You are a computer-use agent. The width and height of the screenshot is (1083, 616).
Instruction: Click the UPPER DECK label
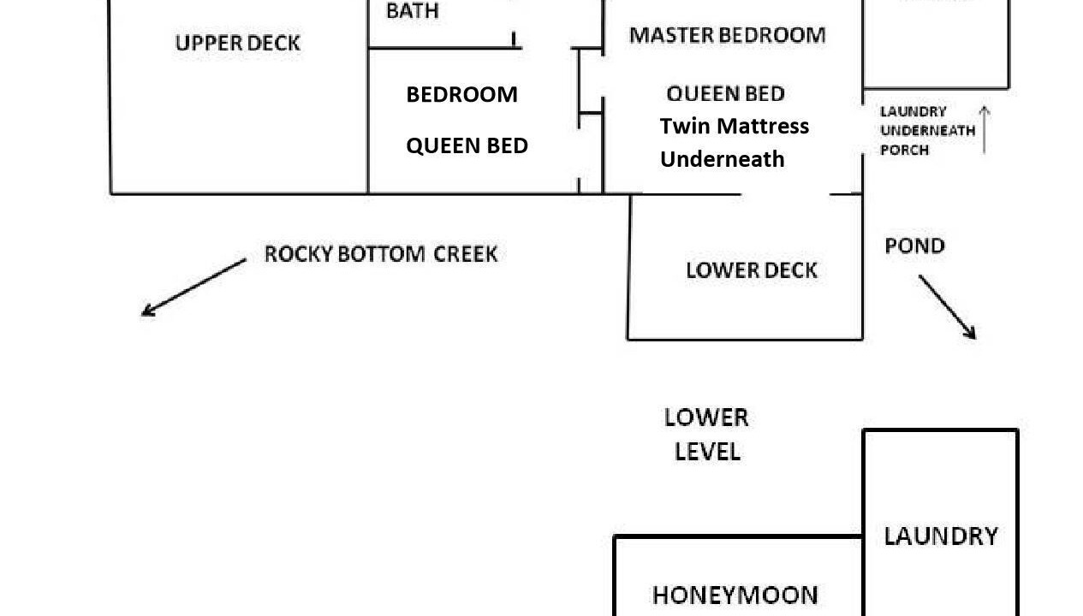tap(237, 43)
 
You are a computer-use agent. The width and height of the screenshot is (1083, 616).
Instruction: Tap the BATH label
tap(413, 10)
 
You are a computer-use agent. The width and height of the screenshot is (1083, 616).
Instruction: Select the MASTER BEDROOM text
tap(728, 35)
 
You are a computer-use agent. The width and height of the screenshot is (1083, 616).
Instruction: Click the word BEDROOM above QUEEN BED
tap(461, 94)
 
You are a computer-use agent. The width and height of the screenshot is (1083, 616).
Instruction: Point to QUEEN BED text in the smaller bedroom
tap(467, 146)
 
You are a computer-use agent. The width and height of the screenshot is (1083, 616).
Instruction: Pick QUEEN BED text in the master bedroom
tap(725, 94)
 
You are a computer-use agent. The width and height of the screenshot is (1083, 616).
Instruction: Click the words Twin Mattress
tap(735, 126)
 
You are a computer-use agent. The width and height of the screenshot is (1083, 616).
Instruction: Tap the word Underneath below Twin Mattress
tap(723, 159)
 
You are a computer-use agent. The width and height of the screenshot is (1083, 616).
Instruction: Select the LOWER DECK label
tap(752, 270)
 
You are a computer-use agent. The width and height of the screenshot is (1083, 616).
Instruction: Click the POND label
tap(914, 246)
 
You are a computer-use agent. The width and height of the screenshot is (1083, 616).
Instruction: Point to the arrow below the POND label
tap(948, 307)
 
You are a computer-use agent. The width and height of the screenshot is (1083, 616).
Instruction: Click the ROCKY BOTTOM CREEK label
tap(381, 254)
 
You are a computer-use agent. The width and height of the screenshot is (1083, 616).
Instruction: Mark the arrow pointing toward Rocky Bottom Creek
tap(193, 287)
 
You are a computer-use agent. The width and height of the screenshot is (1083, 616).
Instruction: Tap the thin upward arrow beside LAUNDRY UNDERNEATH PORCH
tap(985, 130)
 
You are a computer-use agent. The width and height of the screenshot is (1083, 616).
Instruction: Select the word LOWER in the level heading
tap(706, 418)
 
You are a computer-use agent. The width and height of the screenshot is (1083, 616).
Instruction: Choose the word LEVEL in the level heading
tap(707, 453)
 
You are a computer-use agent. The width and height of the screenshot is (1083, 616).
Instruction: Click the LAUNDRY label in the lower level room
tap(941, 536)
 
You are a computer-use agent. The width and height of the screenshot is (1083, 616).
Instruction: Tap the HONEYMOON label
tap(735, 595)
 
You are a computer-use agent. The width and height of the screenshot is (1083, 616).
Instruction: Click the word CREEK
tap(465, 254)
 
